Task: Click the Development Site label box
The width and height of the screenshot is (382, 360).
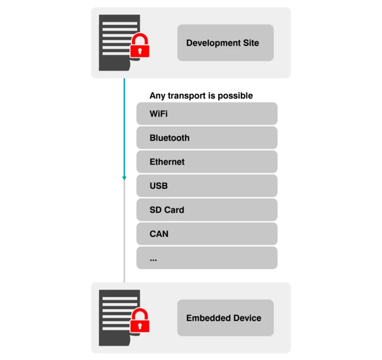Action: point(225,43)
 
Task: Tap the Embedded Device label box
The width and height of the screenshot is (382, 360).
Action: point(225,318)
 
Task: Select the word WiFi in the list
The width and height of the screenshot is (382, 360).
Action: point(158,114)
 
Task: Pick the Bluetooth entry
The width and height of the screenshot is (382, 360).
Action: point(169,138)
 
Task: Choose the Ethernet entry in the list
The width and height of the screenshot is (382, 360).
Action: point(167,162)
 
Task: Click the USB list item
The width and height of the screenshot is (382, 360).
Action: point(158,186)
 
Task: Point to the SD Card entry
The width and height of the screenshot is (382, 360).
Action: point(167,210)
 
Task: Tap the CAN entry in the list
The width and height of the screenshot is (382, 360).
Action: point(159,234)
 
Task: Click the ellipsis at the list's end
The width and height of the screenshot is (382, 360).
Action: point(153,259)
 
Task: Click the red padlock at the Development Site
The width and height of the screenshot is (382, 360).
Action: point(140,47)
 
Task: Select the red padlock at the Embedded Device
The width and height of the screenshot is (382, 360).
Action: point(140,321)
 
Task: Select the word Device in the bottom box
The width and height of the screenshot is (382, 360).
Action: point(247,318)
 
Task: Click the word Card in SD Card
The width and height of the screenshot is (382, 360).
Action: point(174,210)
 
